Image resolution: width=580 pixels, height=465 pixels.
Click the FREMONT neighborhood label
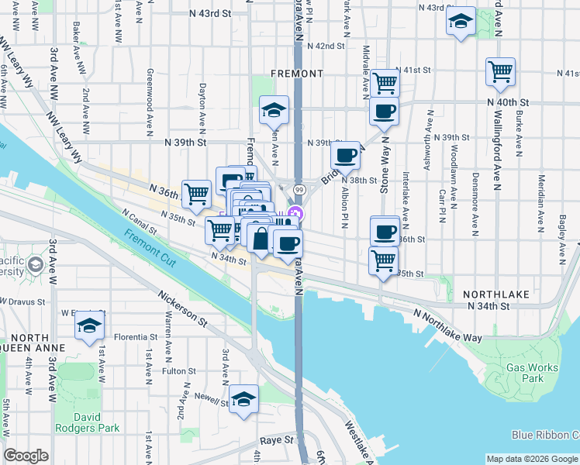click(x=297, y=74)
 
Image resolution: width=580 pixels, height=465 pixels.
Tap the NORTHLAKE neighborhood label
click(x=495, y=294)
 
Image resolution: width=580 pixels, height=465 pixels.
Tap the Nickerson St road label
click(x=184, y=308)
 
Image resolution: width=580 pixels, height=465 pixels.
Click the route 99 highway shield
click(x=299, y=189)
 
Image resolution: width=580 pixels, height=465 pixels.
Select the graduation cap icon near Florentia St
click(x=90, y=326)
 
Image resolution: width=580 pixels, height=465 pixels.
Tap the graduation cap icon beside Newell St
click(x=244, y=400)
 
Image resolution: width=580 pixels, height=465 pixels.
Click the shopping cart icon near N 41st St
click(x=385, y=82)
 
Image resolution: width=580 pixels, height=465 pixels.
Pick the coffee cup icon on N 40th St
click(x=384, y=112)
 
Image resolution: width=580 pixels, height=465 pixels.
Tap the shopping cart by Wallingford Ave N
click(x=501, y=72)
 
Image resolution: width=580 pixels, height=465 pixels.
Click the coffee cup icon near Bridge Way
click(x=346, y=155)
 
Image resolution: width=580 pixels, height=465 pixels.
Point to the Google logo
click(x=26, y=456)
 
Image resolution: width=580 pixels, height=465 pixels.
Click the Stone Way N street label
click(x=383, y=175)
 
